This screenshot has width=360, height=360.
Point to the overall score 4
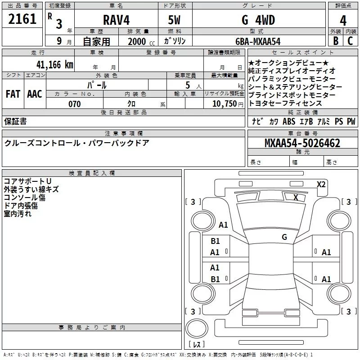pos(343,21)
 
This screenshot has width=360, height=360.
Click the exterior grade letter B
pos(335,41)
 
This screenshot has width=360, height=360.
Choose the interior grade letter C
pos(350,41)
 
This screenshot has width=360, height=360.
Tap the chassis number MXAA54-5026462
pos(302,144)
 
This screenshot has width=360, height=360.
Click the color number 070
pos(74,104)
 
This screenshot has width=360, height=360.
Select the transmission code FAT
pos(13,94)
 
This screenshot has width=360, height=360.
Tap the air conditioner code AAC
pos(35,94)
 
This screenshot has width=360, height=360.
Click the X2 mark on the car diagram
pos(321,184)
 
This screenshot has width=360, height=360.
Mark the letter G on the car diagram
pos(284,237)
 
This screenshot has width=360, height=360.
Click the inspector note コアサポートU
pos(27,181)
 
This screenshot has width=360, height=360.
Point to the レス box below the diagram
pos(196,344)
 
